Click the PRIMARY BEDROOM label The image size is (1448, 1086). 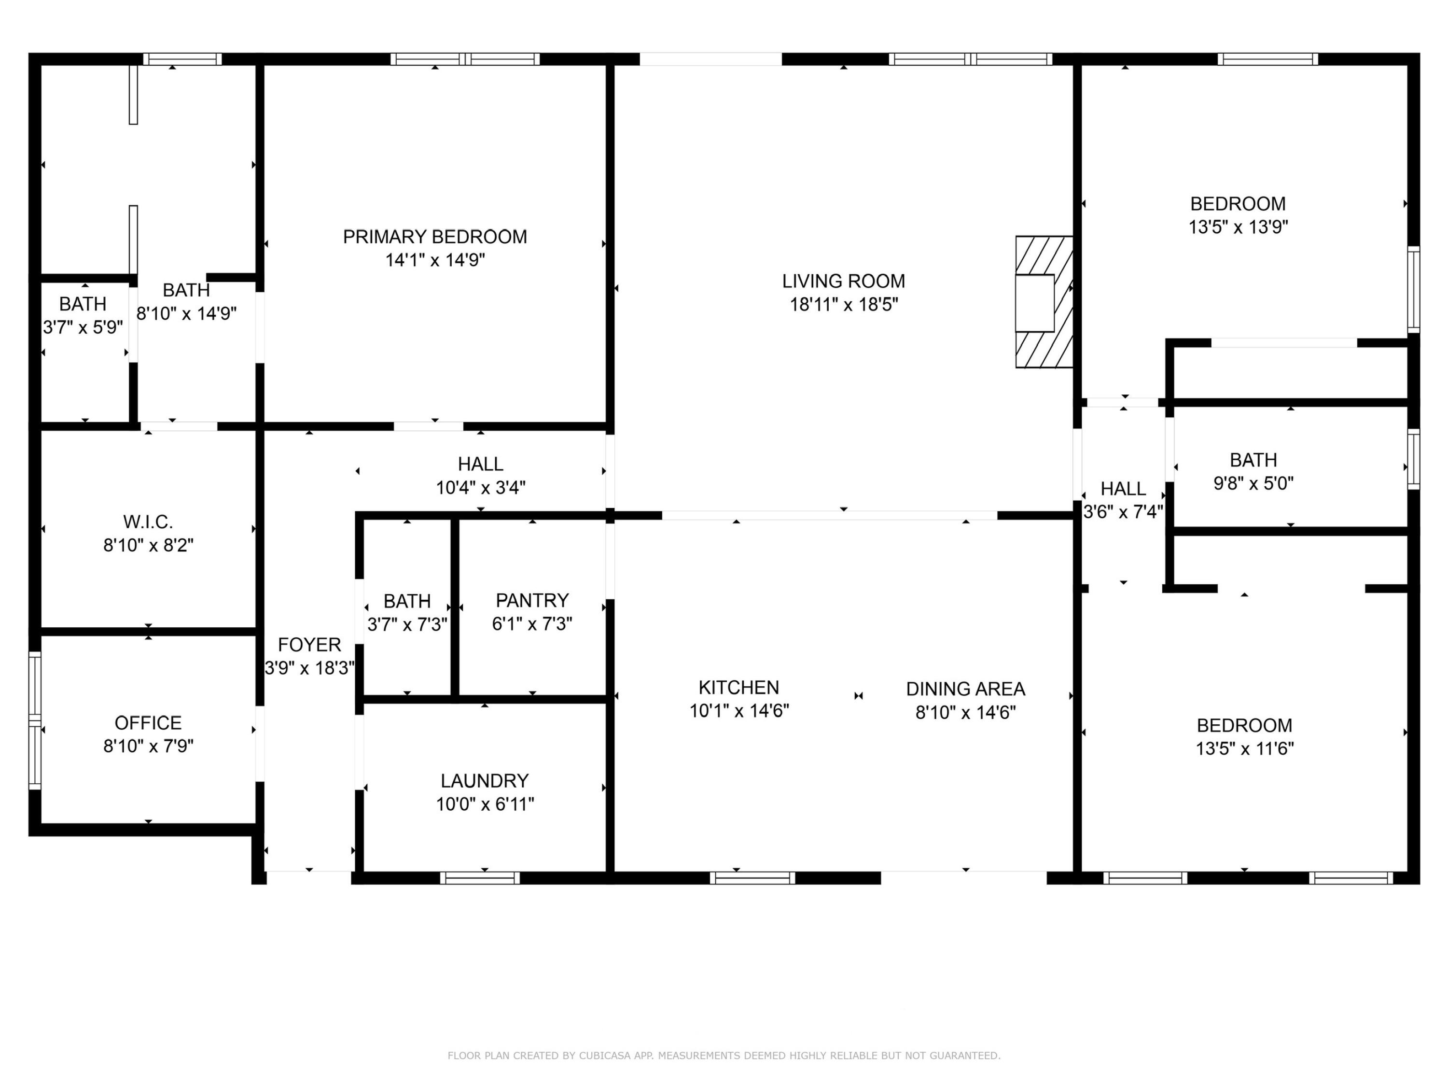(435, 237)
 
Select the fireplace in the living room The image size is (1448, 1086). (1044, 302)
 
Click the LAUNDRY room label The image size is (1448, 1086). (485, 781)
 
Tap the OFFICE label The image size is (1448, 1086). (148, 723)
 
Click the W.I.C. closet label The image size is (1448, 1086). (148, 522)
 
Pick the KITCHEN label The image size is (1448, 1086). (738, 688)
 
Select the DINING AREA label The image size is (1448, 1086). (965, 689)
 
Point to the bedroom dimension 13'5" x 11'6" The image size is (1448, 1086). (1244, 748)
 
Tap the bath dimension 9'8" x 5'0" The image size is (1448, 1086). (1253, 483)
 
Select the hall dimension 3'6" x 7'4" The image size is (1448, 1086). (1123, 511)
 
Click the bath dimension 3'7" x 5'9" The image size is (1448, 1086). (83, 327)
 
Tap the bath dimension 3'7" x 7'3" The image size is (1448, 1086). (407, 624)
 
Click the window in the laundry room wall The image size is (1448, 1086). (480, 878)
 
